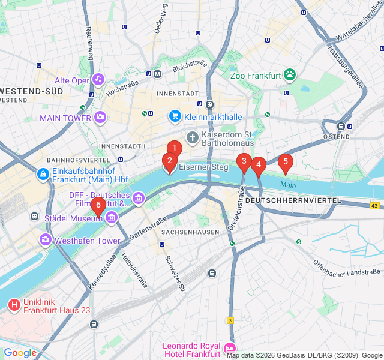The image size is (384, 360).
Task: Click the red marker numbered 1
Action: [174, 148]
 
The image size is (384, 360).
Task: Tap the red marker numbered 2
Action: [170, 161]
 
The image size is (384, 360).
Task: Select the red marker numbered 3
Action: [244, 161]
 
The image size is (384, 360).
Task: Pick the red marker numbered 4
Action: [259, 164]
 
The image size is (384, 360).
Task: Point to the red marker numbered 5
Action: [285, 161]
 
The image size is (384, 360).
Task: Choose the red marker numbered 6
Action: [98, 205]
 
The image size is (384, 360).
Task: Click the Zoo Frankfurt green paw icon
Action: [290, 75]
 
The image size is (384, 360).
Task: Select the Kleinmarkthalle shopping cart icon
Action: [175, 115]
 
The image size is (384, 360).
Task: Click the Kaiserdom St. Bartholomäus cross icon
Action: [192, 139]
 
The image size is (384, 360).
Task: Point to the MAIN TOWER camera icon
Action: [100, 118]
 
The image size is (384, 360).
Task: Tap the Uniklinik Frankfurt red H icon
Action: [14, 305]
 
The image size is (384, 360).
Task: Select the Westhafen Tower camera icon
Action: [46, 241]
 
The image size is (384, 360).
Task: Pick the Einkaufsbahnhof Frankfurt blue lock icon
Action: [43, 175]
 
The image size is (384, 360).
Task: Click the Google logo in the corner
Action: [20, 353]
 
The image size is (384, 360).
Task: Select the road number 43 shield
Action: [374, 206]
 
